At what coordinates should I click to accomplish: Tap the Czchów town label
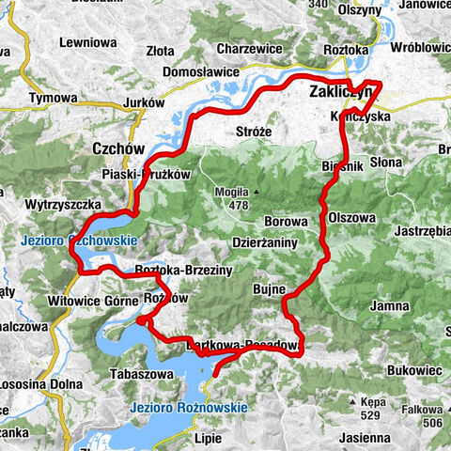(117, 148)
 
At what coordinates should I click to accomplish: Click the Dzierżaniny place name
(264, 243)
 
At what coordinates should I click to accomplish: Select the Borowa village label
(286, 221)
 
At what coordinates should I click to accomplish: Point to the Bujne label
(269, 291)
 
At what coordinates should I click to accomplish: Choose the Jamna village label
(390, 305)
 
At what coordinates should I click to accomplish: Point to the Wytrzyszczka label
(43, 202)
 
